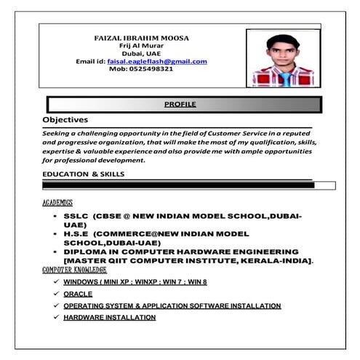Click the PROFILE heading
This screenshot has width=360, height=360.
(180, 105)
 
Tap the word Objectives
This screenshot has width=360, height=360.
(65, 119)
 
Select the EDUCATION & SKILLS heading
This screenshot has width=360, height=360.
(83, 175)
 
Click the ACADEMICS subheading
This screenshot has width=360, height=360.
(57, 201)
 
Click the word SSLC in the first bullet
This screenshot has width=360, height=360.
(76, 216)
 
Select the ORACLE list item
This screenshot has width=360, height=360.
(77, 294)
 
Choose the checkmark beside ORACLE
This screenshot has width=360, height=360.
(55, 294)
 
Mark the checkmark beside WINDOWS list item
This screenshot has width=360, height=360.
(55, 281)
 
